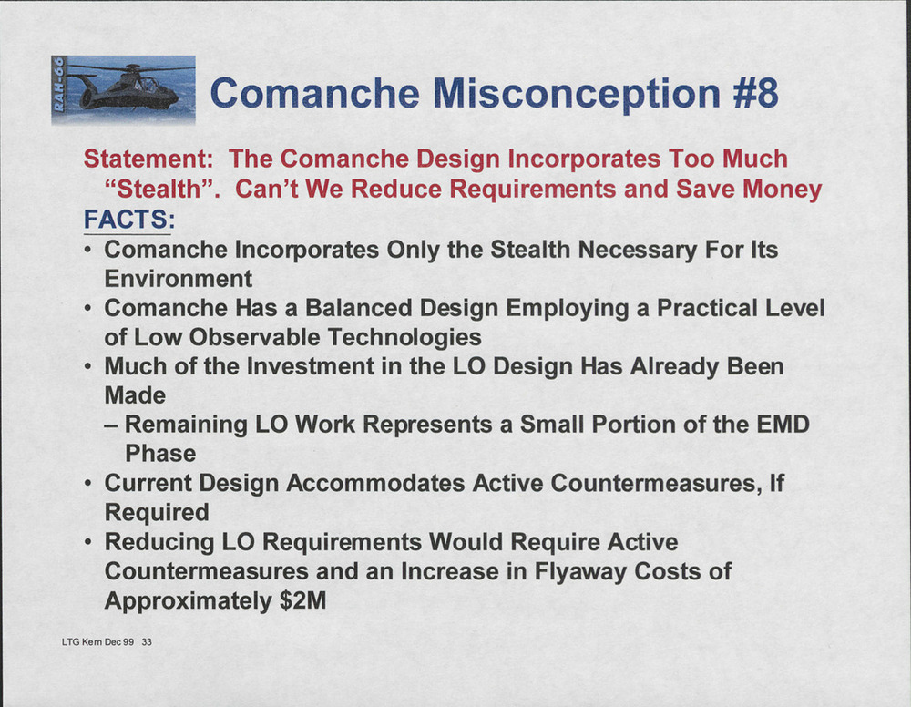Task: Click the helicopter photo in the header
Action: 123,89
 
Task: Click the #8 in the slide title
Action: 755,93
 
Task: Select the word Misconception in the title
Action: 578,94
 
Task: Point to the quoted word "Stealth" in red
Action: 163,189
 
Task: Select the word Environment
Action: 179,279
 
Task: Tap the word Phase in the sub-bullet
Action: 160,454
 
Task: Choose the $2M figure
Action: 302,600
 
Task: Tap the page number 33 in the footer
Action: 147,642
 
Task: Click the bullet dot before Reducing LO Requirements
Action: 87,543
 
